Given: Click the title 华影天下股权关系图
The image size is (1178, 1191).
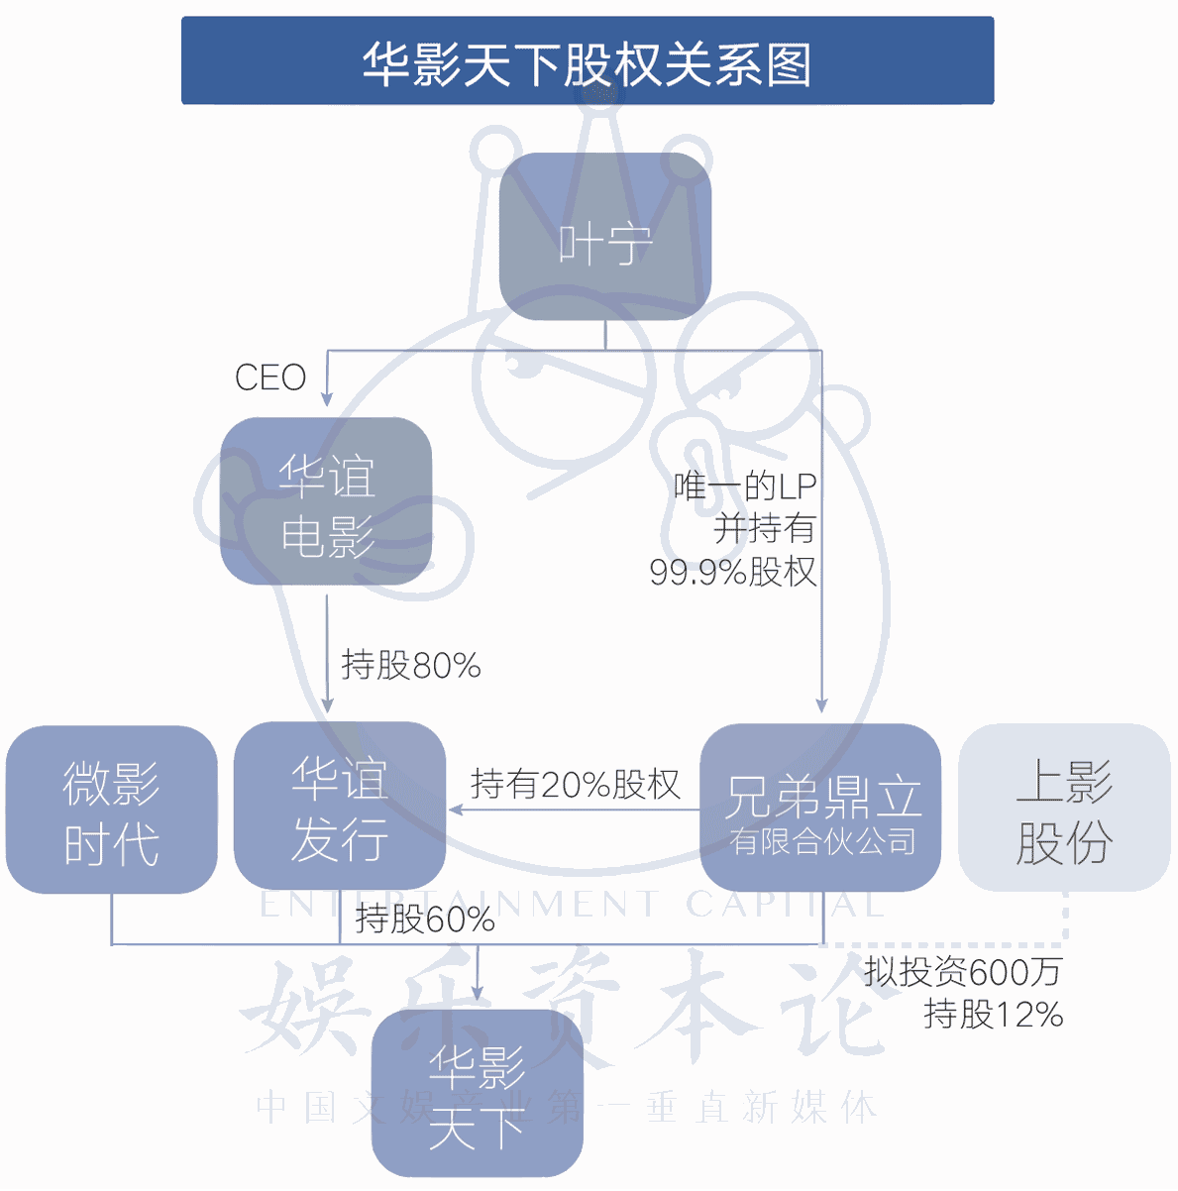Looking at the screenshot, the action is coord(587,64).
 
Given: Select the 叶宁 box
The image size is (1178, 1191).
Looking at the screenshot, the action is coord(605,236).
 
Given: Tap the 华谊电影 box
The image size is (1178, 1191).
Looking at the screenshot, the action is coord(326,500).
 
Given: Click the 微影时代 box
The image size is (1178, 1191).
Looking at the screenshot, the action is coord(112,810).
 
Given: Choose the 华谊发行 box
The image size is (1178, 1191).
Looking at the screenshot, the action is coord(339,806).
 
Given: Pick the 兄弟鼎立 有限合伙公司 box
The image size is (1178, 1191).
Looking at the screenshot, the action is coord(820,808).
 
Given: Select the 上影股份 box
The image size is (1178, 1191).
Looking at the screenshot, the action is coord(1064,808).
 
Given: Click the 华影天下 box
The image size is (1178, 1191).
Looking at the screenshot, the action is coord(478,1093).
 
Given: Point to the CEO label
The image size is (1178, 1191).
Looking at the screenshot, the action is coord(270,377).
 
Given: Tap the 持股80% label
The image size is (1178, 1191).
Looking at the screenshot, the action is coord(411,665).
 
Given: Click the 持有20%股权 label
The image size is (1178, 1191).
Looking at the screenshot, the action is coord(576,785).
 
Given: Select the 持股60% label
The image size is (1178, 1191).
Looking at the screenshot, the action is coord(425,919).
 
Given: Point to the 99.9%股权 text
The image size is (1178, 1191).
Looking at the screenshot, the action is coord(733,572).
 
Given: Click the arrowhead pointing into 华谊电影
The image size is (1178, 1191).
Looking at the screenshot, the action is coord(327,399).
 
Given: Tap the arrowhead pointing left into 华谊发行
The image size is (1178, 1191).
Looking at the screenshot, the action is coord(455,810).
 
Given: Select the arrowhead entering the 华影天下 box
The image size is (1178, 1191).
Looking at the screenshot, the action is coord(478,993).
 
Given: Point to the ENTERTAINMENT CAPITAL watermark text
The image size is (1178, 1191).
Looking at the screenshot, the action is coord(572,905).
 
